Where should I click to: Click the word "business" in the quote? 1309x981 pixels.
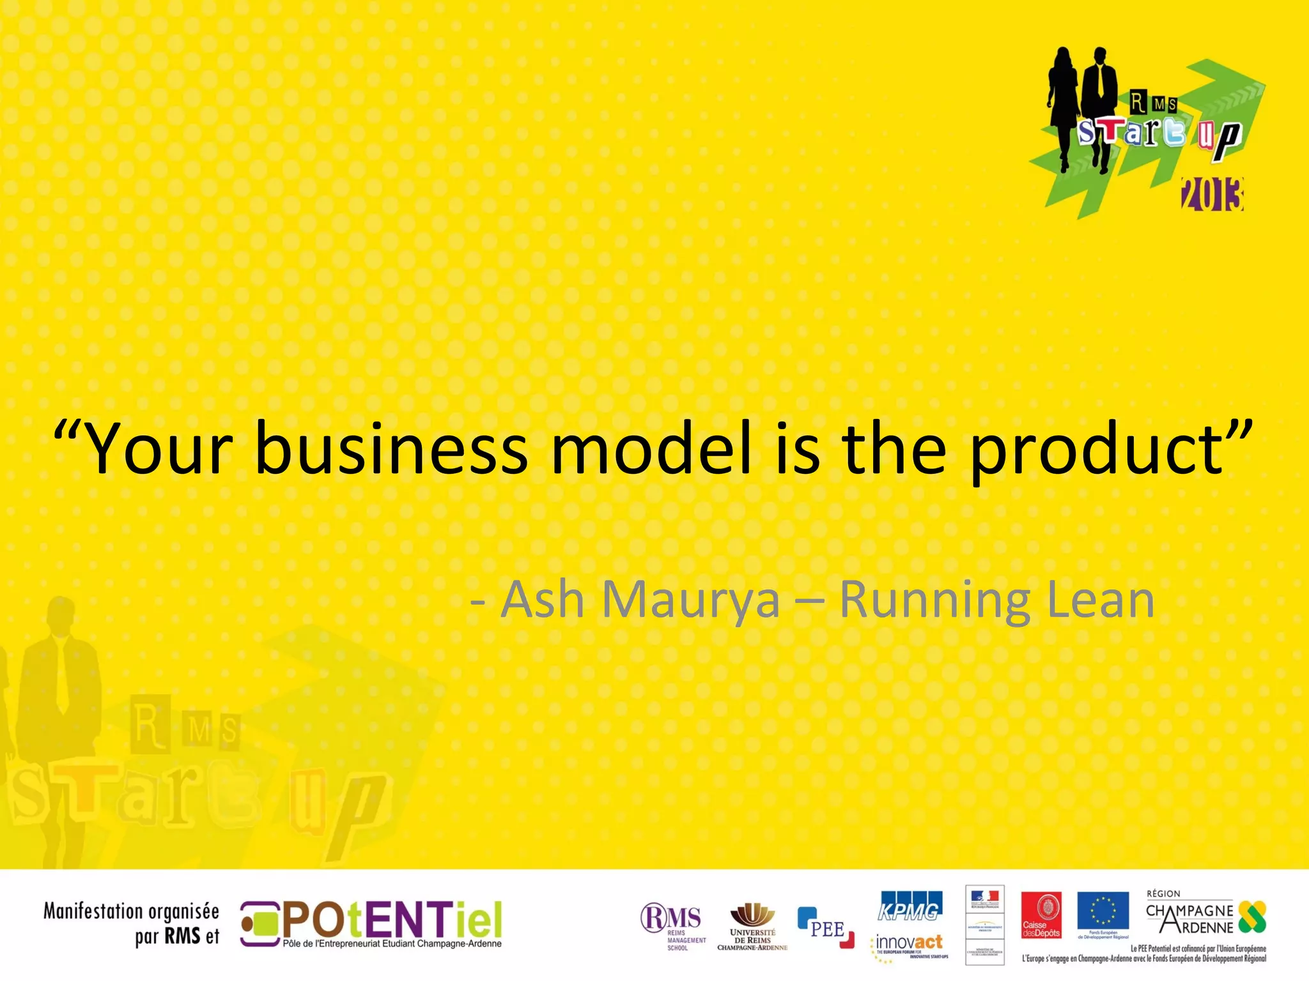[391, 448]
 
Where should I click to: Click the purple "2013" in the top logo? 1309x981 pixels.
[1212, 195]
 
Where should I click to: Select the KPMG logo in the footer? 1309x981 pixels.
[909, 907]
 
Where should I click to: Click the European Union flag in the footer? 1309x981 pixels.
[1103, 911]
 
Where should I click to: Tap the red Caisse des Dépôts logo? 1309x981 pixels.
[1041, 915]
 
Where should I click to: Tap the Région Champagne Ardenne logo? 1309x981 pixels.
[1205, 915]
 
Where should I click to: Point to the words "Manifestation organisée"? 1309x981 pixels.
[131, 911]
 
